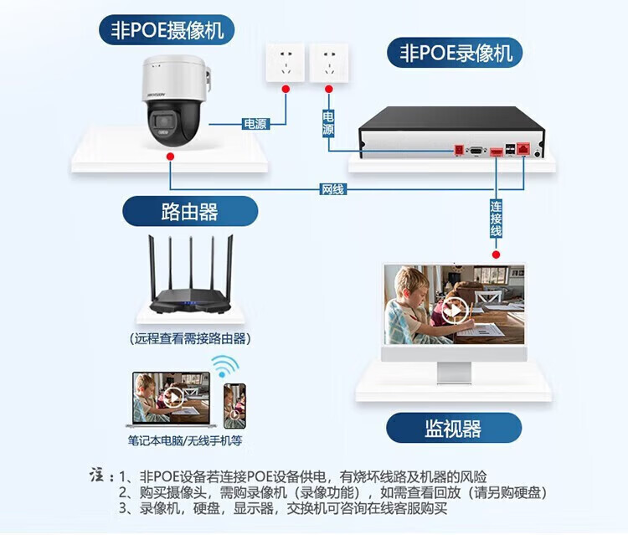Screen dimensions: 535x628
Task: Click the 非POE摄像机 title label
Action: (x=167, y=31)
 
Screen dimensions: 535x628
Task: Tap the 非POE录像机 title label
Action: (x=455, y=54)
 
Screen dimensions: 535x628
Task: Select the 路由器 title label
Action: (x=190, y=211)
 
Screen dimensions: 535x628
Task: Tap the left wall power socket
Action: (x=285, y=62)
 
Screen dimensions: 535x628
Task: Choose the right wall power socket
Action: (x=328, y=62)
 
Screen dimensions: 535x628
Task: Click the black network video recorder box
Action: (x=451, y=132)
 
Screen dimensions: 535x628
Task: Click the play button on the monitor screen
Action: (x=455, y=311)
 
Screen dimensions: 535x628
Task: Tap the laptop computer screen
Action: (x=172, y=397)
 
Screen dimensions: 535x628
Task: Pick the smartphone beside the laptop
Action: (x=234, y=406)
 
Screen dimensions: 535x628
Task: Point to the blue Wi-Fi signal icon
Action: (x=224, y=365)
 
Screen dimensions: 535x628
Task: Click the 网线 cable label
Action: (x=333, y=189)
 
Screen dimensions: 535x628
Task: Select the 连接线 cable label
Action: (x=496, y=218)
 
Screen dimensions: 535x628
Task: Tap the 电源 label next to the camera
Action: (x=255, y=124)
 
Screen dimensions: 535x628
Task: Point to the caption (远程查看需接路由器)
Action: (x=190, y=338)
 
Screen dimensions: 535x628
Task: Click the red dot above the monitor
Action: (x=496, y=255)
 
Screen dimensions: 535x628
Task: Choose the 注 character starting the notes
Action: (x=96, y=476)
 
